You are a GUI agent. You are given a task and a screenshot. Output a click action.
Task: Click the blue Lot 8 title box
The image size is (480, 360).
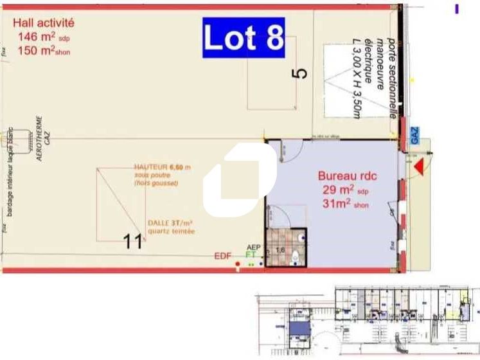(x=244, y=38)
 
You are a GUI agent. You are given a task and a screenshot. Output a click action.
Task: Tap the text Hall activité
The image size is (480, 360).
(x=43, y=23)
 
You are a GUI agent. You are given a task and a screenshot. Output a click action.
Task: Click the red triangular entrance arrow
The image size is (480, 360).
(x=419, y=168)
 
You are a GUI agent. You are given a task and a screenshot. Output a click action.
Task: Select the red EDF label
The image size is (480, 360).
(x=222, y=256)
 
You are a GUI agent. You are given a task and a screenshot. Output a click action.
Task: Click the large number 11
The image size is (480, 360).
(x=133, y=241)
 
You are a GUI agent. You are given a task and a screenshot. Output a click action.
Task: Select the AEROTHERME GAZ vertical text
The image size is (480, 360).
(x=42, y=138)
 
